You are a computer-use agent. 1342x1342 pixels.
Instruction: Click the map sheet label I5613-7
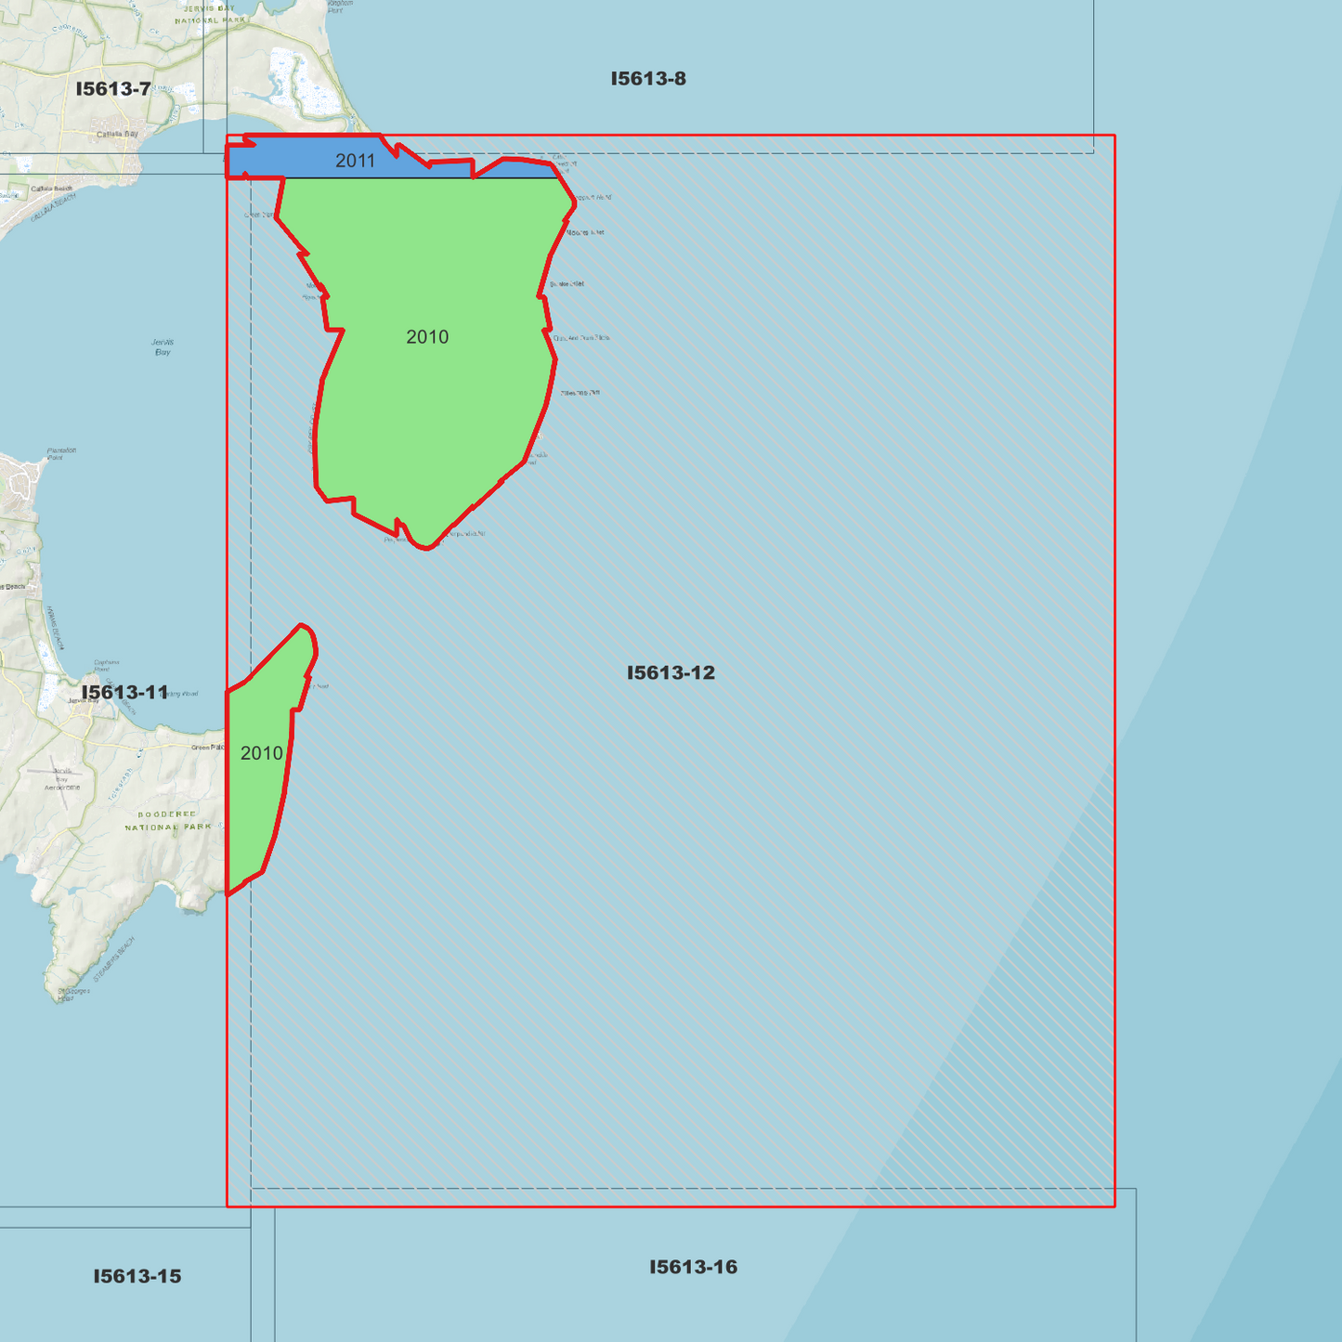pyautogui.click(x=113, y=89)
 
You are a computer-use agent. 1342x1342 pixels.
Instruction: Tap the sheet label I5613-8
pyautogui.click(x=648, y=79)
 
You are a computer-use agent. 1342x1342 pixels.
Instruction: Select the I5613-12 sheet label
pyautogui.click(x=671, y=672)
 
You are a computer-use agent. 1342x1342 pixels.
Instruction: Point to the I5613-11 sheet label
pyautogui.click(x=124, y=693)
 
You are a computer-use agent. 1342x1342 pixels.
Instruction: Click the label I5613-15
pyautogui.click(x=137, y=1276)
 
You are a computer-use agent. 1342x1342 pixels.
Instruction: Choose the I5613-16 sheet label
pyautogui.click(x=693, y=1267)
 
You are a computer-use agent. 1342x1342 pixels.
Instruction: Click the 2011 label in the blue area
pyautogui.click(x=355, y=161)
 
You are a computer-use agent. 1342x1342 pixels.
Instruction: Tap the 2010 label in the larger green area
pyautogui.click(x=427, y=337)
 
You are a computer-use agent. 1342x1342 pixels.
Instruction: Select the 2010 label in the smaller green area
pyautogui.click(x=261, y=753)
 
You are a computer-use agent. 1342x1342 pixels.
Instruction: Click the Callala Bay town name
pyautogui.click(x=117, y=135)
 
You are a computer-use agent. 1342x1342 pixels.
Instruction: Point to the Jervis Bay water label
pyautogui.click(x=163, y=347)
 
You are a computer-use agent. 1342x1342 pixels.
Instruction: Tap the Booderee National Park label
pyautogui.click(x=167, y=821)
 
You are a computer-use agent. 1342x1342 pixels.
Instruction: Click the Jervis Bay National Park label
pyautogui.click(x=210, y=14)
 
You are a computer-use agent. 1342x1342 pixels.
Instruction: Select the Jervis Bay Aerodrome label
pyautogui.click(x=62, y=779)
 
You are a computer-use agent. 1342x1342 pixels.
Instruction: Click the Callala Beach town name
pyautogui.click(x=51, y=189)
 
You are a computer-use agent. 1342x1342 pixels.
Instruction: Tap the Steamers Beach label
pyautogui.click(x=114, y=959)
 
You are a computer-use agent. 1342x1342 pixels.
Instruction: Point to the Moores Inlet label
pyautogui.click(x=585, y=232)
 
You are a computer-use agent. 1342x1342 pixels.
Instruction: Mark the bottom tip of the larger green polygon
pyautogui.click(x=426, y=549)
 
